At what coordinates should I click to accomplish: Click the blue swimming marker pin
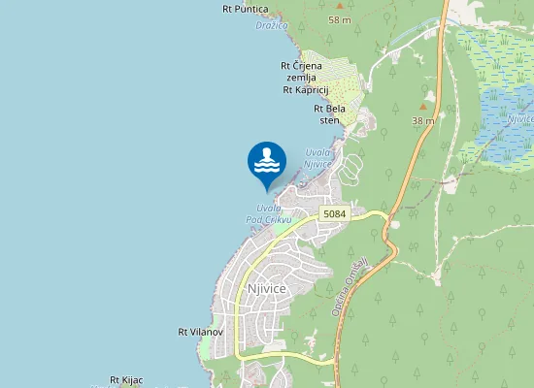click(x=267, y=162)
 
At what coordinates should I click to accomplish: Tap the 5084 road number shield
click(x=335, y=213)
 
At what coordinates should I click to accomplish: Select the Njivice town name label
click(x=266, y=288)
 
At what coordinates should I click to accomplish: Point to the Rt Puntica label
click(x=246, y=9)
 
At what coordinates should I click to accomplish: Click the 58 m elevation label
click(x=340, y=19)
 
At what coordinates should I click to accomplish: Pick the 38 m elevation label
click(x=422, y=120)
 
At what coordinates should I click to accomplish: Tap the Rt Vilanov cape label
click(x=201, y=332)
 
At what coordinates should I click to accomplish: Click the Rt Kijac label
click(x=126, y=379)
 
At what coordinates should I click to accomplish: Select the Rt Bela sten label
click(x=330, y=114)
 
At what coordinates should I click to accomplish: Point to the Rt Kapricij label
click(x=307, y=89)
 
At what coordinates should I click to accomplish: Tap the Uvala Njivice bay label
click(x=318, y=158)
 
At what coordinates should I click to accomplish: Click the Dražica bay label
click(x=271, y=25)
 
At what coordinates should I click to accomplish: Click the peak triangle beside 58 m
click(x=339, y=6)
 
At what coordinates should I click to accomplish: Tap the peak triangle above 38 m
click(x=422, y=107)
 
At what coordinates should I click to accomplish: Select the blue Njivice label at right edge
click(x=520, y=118)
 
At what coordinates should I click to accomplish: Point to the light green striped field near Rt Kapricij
click(x=330, y=73)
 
